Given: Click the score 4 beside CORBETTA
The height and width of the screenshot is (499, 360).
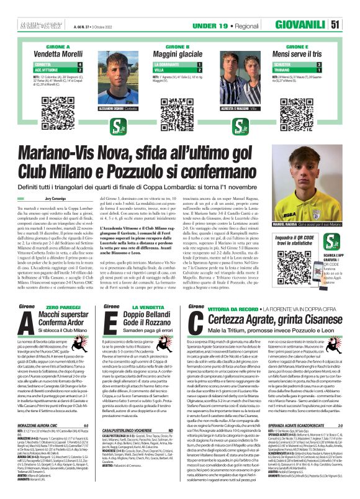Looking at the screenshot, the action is pyautogui.click(x=79, y=64).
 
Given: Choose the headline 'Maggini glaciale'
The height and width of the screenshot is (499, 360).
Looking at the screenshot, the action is pyautogui.click(x=179, y=55).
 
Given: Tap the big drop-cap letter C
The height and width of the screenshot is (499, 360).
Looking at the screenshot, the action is pyautogui.click(x=196, y=322).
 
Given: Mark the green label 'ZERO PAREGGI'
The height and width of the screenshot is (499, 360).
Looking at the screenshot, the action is pyautogui.click(x=60, y=307).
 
